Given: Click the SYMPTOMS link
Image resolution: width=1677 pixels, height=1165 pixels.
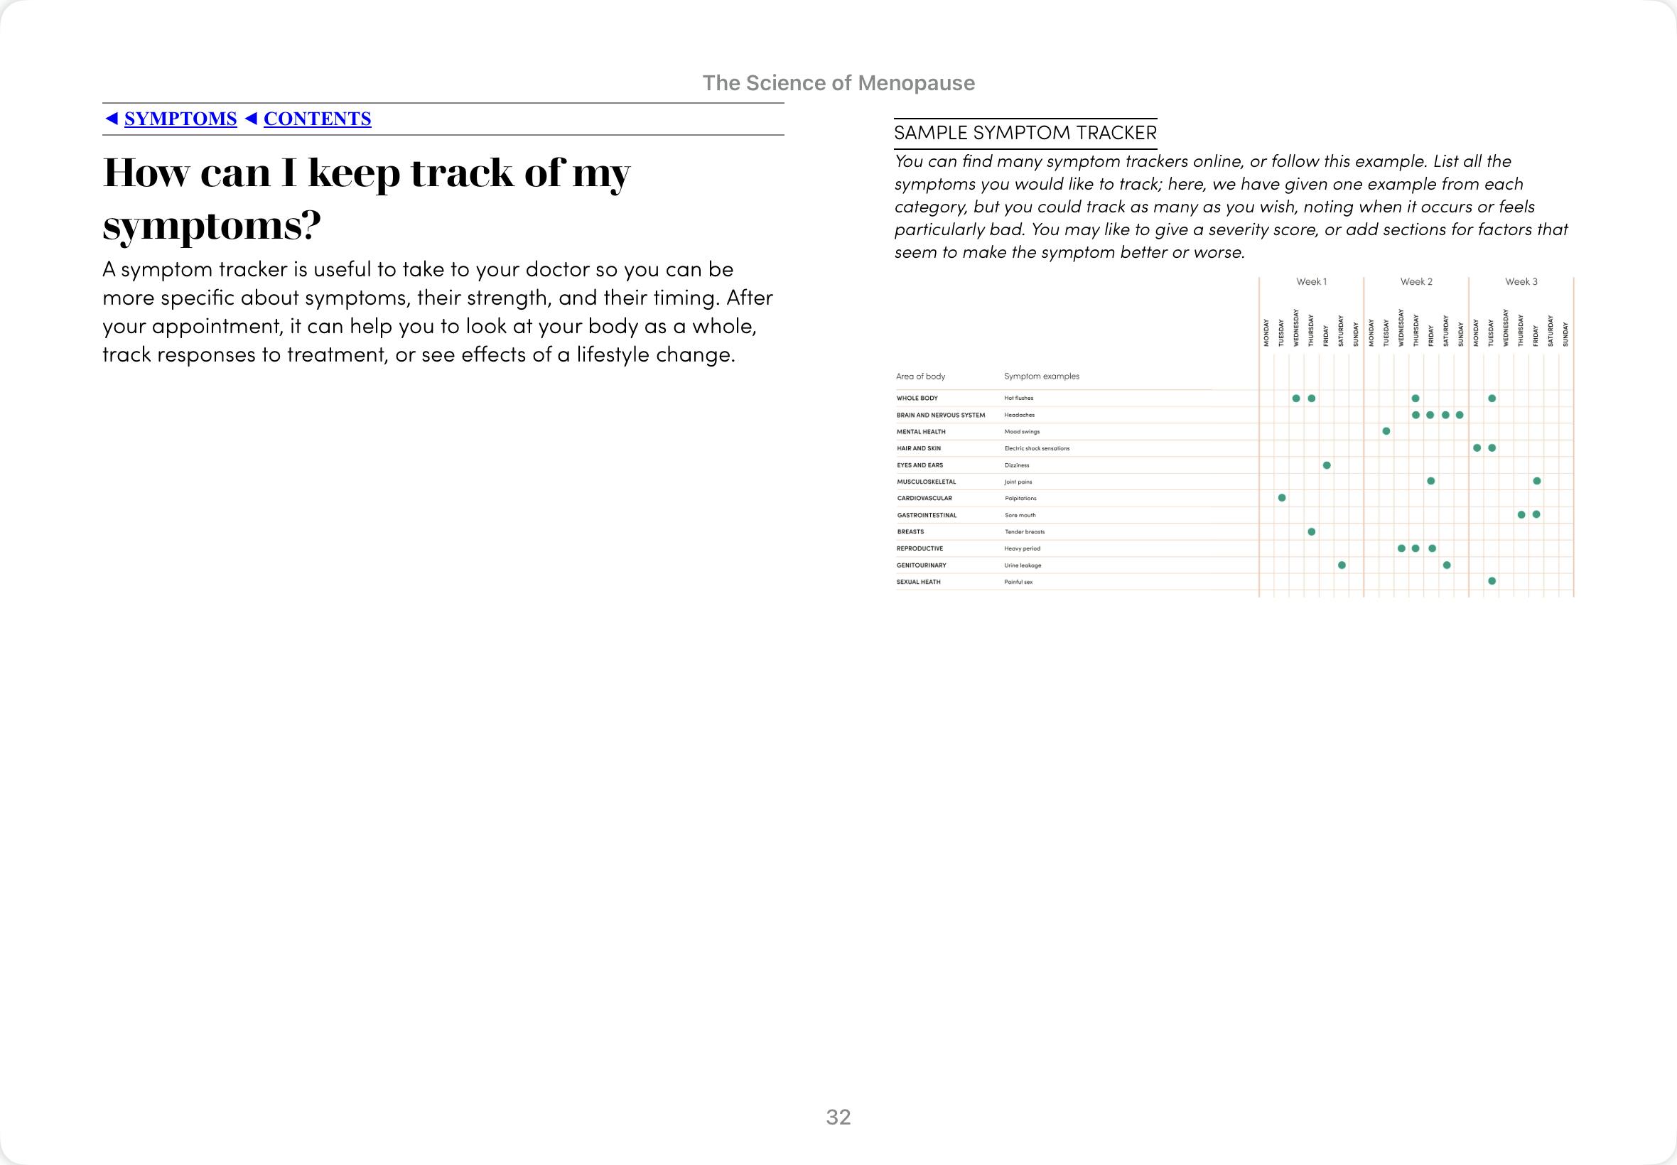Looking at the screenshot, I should pyautogui.click(x=180, y=119).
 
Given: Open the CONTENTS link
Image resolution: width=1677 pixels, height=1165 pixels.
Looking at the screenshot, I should pyautogui.click(x=317, y=119).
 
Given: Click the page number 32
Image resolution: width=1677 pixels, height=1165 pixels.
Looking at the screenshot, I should pyautogui.click(x=838, y=1117).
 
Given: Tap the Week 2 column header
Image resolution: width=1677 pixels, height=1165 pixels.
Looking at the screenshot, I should pyautogui.click(x=1416, y=282).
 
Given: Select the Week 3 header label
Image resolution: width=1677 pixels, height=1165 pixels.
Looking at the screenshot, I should pyautogui.click(x=1521, y=282).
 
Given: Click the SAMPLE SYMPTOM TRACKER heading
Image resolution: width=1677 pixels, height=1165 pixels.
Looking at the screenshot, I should pyautogui.click(x=1025, y=133).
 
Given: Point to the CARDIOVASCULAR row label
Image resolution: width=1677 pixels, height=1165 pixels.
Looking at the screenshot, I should pyautogui.click(x=924, y=499).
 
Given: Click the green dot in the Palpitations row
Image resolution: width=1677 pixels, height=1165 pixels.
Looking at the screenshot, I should pyautogui.click(x=1282, y=498).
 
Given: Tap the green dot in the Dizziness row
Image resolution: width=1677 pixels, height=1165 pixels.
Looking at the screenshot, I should pyautogui.click(x=1327, y=465).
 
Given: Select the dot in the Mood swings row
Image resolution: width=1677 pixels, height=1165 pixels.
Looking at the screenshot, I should pyautogui.click(x=1386, y=431).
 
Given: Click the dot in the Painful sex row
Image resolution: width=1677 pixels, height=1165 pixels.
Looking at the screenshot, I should pyautogui.click(x=1492, y=581).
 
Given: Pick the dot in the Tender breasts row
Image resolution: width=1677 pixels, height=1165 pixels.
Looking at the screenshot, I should pyautogui.click(x=1312, y=531).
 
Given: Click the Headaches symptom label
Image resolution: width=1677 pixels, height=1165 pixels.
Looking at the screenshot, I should pyautogui.click(x=1019, y=416).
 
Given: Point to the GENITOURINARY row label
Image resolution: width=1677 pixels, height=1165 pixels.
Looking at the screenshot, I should pyautogui.click(x=922, y=565).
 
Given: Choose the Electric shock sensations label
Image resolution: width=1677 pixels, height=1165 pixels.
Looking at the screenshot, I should pyautogui.click(x=1037, y=448).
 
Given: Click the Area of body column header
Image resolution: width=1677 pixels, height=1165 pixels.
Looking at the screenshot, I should pyautogui.click(x=921, y=376).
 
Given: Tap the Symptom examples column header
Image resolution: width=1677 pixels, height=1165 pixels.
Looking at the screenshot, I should pyautogui.click(x=1041, y=376).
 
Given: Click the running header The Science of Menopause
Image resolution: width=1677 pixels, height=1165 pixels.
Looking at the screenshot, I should pyautogui.click(x=838, y=83).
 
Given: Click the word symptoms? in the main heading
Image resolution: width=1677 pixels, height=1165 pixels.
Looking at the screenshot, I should pyautogui.click(x=212, y=227).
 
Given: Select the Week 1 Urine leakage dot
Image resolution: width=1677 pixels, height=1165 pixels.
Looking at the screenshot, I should pyautogui.click(x=1342, y=565).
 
